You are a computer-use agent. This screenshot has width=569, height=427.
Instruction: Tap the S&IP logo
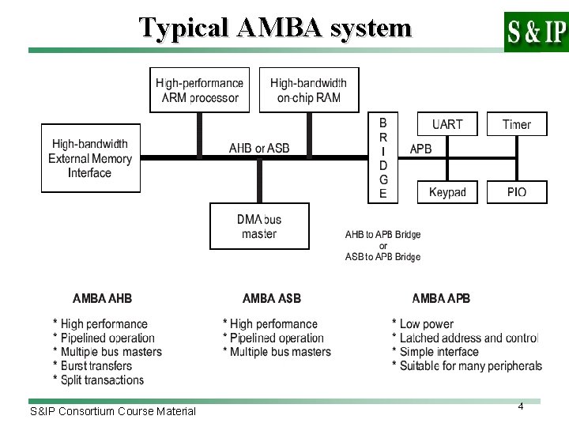tap(535, 32)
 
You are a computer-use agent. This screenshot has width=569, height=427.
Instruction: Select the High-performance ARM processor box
tap(199, 90)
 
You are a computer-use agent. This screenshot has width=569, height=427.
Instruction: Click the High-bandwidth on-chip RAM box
tap(308, 90)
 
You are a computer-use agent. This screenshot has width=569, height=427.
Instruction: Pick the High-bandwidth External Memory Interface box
tap(90, 158)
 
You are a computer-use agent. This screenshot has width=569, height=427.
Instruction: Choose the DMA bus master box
tap(258, 226)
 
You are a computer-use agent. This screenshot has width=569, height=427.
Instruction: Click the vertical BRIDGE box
tap(383, 158)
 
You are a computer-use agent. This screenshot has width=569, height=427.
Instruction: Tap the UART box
tap(447, 124)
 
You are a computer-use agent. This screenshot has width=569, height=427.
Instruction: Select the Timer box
tap(516, 124)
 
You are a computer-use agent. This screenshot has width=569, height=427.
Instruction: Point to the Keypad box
tap(447, 192)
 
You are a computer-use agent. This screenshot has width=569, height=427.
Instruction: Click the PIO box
tap(516, 192)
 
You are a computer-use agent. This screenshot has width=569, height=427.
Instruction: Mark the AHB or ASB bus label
tap(258, 148)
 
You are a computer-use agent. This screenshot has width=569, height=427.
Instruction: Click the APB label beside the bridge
tap(420, 148)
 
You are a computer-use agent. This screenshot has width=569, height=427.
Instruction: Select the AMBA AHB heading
tap(102, 299)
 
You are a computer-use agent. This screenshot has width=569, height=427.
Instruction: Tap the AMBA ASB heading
tap(271, 299)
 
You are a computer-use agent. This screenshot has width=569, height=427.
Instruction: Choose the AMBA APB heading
tap(441, 299)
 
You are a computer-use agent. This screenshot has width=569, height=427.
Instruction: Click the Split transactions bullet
tap(99, 380)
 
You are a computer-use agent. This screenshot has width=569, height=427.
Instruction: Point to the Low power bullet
tap(423, 323)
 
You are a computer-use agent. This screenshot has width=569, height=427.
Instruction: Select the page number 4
tap(521, 406)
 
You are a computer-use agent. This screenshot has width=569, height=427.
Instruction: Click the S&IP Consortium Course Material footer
tap(112, 411)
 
